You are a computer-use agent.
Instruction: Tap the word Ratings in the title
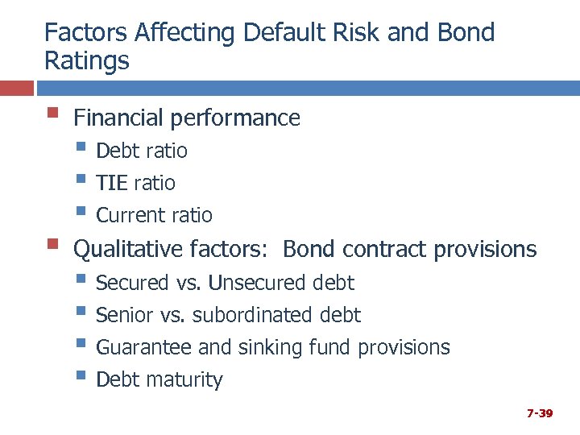(x=86, y=61)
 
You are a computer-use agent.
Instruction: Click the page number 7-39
(x=539, y=413)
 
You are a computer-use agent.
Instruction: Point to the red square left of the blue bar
(x=16, y=87)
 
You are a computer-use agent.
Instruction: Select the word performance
(x=234, y=118)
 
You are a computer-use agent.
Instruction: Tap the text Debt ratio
(x=141, y=151)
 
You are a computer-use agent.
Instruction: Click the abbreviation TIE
(x=112, y=183)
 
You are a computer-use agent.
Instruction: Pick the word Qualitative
(x=129, y=250)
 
